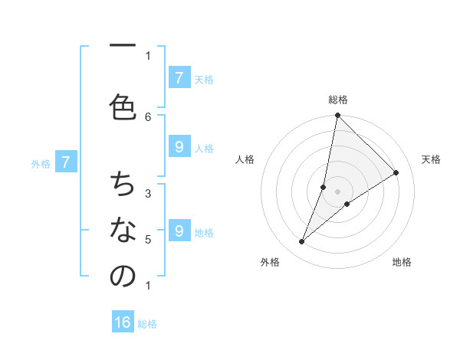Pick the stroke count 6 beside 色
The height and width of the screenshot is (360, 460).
(148, 116)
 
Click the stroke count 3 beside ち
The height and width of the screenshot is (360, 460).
(148, 193)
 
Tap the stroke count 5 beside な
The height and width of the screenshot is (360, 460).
(148, 239)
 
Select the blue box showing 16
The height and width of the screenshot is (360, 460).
(123, 322)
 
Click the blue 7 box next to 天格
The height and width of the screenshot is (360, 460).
(179, 77)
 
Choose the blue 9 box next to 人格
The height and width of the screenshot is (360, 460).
(179, 148)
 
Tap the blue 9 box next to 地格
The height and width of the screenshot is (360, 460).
(179, 231)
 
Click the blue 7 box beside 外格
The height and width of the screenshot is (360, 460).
(66, 162)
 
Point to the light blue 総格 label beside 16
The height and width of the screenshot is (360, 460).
(147, 324)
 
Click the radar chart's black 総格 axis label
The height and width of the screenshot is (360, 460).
(338, 100)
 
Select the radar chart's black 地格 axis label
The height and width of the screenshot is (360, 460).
(402, 262)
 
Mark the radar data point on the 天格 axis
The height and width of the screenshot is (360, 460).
(396, 173)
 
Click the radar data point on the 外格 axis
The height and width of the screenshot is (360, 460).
(302, 242)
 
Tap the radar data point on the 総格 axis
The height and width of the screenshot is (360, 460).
(338, 116)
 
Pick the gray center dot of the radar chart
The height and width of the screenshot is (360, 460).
(338, 191)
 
